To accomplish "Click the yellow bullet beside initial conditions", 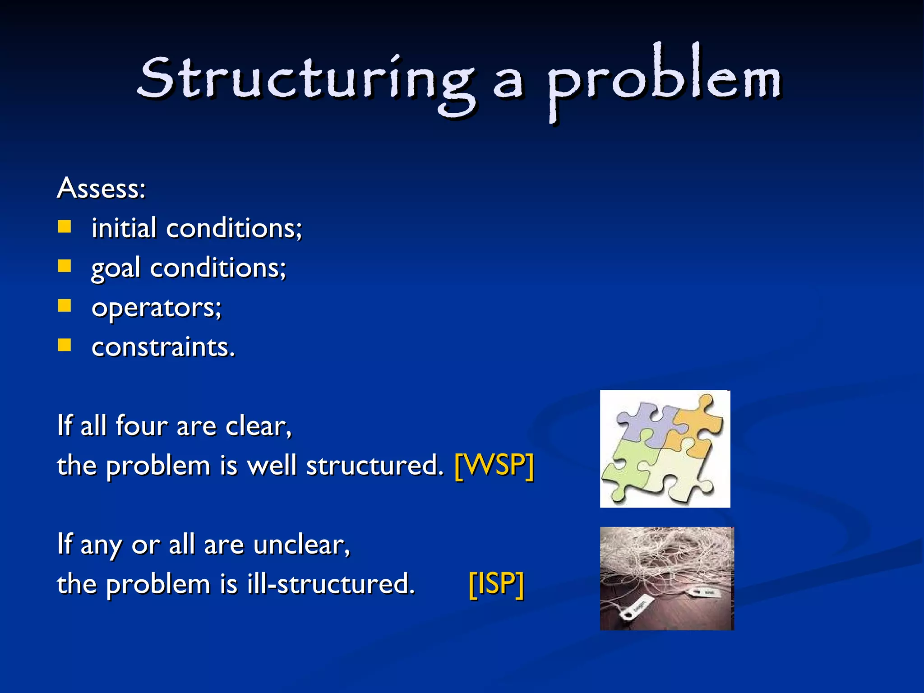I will (65, 226).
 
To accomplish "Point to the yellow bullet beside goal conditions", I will (65, 266).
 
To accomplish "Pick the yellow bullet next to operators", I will (65, 306).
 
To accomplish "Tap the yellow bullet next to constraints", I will (65, 345).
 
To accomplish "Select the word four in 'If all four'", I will (141, 425).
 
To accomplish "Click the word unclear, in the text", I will (301, 545).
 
